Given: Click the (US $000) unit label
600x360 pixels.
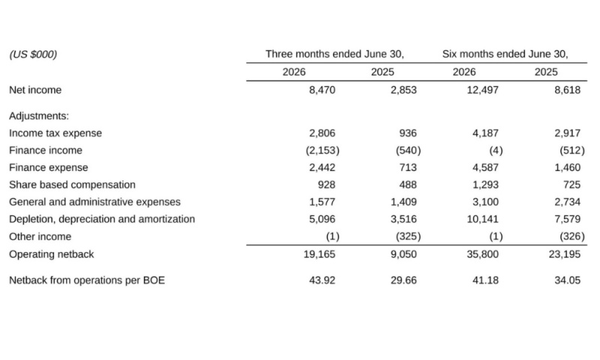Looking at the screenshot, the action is [33, 54].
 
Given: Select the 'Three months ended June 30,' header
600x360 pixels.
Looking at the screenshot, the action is [334, 54].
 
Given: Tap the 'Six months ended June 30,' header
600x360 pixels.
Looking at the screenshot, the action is [505, 54].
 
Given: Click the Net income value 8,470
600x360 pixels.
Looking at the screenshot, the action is [322, 90].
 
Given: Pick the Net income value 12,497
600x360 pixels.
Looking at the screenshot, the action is [482, 90].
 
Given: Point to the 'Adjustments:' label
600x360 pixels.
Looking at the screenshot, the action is [39, 116].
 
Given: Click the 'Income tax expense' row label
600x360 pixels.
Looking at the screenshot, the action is [55, 133].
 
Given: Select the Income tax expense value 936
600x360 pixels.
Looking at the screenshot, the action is [408, 133].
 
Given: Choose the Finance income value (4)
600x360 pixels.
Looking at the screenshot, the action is [496, 150].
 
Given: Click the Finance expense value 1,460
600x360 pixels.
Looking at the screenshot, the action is [568, 167].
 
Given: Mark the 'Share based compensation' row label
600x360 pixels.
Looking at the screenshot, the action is [72, 184].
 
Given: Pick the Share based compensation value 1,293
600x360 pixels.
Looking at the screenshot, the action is [485, 184].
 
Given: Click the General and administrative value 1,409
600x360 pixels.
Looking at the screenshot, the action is [403, 202].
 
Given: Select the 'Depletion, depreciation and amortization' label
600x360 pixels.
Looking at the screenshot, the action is [102, 219].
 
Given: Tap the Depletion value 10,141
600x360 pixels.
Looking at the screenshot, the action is [482, 219].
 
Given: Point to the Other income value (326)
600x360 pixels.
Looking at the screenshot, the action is [572, 236].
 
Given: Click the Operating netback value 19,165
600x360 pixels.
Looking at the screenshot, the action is [319, 254].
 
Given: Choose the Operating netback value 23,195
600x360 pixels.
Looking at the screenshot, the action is [565, 254].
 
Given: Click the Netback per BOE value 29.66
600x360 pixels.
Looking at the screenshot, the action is [403, 280].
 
